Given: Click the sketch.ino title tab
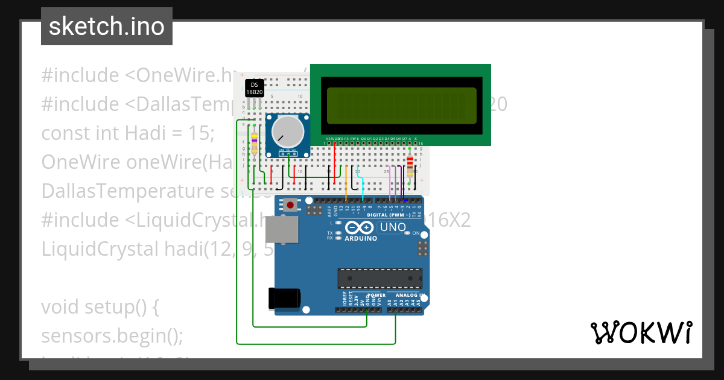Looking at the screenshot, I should pyautogui.click(x=107, y=27).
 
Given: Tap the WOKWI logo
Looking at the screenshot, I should pyautogui.click(x=641, y=332).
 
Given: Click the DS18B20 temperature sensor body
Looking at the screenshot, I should pyautogui.click(x=254, y=88).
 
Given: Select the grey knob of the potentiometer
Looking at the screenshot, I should pyautogui.click(x=288, y=131).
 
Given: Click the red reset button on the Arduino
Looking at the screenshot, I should pyautogui.click(x=291, y=206).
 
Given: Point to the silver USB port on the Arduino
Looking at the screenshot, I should pyautogui.click(x=283, y=230).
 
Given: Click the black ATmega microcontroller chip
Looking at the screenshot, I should pyautogui.click(x=379, y=278).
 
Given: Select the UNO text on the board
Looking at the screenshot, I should pyautogui.click(x=393, y=227).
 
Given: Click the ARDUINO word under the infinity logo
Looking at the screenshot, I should pyautogui.click(x=360, y=238).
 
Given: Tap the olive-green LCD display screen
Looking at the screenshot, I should pyautogui.click(x=401, y=103).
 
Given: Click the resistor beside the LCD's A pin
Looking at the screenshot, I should pyautogui.click(x=411, y=164).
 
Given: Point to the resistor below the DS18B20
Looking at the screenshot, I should pyautogui.click(x=254, y=145).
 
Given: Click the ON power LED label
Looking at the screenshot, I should pyautogui.click(x=416, y=233).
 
